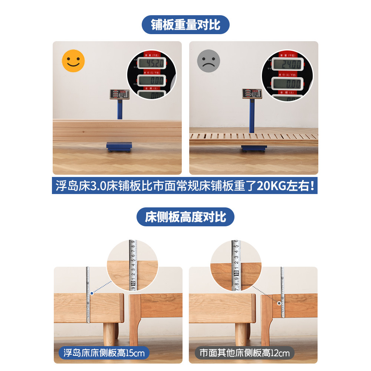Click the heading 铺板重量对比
pyautogui.click(x=185, y=25)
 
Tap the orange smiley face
pyautogui.click(x=73, y=60)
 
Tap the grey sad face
pyautogui.click(x=209, y=60)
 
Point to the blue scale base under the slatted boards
pyautogui.click(x=254, y=148)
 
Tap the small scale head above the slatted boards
pyautogui.click(x=252, y=94)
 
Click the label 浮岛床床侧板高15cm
pyautogui.click(x=104, y=353)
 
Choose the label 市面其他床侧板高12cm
pyautogui.click(x=244, y=353)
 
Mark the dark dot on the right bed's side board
pyautogui.click(x=279, y=303)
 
